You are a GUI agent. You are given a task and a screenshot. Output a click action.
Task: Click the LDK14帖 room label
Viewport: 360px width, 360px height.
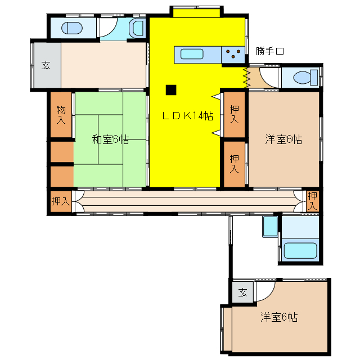click(187, 116)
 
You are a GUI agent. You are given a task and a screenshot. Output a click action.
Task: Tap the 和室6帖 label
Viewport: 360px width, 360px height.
click(110, 139)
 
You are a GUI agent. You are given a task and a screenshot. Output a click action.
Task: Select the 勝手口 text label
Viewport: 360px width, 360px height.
click(269, 51)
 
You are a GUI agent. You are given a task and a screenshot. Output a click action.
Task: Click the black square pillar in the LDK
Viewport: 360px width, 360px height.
click(170, 89)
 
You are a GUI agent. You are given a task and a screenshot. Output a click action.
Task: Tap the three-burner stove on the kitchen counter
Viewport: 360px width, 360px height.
click(233, 55)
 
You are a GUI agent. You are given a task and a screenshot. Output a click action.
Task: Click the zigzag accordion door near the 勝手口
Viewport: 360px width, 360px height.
click(246, 76)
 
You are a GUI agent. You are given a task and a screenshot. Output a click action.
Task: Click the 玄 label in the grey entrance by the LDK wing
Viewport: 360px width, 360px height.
click(45, 65)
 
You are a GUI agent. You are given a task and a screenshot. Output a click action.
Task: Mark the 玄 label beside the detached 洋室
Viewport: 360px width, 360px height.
click(242, 292)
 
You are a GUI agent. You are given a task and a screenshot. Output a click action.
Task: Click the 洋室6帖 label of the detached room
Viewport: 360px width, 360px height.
click(279, 317)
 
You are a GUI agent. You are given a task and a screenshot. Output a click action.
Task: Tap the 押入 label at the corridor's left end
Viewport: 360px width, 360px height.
click(60, 201)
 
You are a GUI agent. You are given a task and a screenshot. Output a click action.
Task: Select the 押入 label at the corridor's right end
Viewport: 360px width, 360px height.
click(313, 201)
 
